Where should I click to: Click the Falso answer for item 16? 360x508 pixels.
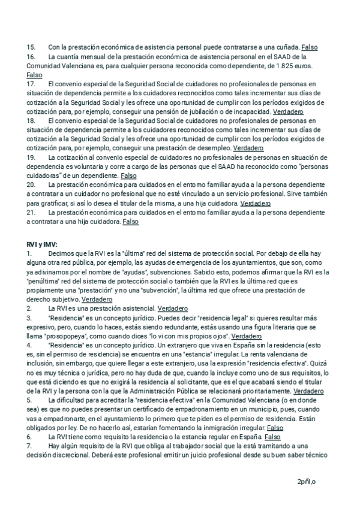click(35, 75)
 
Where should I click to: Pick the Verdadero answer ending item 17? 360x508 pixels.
click(288, 111)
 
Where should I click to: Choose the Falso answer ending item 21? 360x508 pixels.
click(130, 222)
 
